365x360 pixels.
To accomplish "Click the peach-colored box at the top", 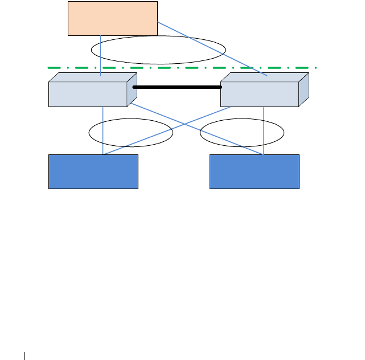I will (112, 18).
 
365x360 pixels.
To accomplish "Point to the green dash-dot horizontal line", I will (182, 68).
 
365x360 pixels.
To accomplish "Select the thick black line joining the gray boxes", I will (177, 87).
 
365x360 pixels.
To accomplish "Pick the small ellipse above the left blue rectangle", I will (131, 133).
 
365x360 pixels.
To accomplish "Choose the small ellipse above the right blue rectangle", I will (241, 133).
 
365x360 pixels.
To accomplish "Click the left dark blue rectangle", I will (93, 171).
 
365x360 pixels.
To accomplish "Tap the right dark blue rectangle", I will (255, 171).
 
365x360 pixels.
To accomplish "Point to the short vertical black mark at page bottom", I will (25, 356).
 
